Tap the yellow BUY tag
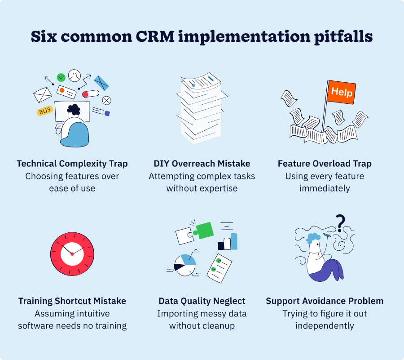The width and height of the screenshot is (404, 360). coord(45,111)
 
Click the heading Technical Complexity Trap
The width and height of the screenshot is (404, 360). coord(72,164)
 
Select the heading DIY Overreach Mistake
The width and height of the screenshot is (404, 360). coord(202,164)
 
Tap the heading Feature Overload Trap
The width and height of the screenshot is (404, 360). coord(325,164)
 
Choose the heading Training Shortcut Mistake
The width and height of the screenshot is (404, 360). coord(72,301)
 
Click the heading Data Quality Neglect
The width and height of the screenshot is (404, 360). coord(202,301)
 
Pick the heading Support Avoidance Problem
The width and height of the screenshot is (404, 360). coord(325,301)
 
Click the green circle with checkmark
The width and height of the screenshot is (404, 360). coord(61,77)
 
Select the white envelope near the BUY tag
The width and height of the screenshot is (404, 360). coord(43,95)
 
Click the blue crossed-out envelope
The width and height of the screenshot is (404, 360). coord(102,83)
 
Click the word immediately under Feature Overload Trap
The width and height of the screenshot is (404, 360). coord(325,188)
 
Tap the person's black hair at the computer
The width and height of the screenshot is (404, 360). coord(73,109)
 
